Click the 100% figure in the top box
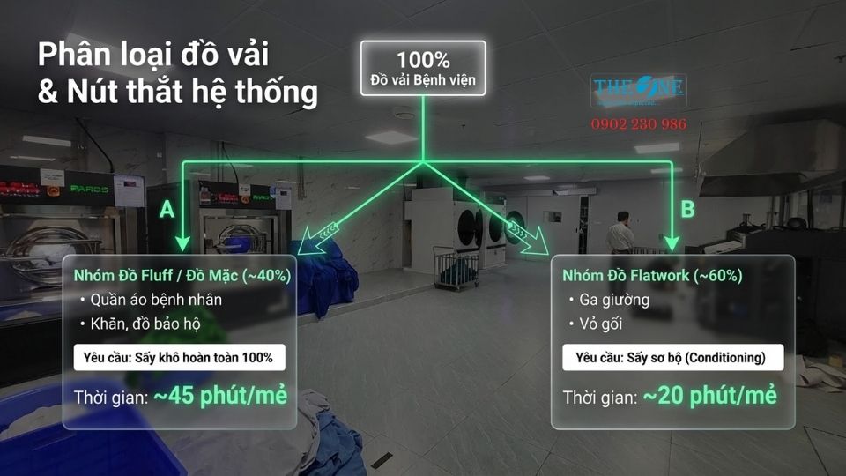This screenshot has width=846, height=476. tap(423, 60)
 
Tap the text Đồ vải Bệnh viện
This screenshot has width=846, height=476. tap(423, 81)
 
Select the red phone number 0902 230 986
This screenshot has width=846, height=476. tap(638, 124)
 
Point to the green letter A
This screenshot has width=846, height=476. tap(166, 210)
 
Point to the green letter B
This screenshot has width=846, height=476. tap(687, 210)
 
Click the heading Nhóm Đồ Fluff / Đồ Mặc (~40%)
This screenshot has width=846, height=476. tap(182, 276)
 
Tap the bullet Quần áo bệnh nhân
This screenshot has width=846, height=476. tap(155, 300)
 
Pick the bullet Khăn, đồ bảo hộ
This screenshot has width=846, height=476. tap(145, 324)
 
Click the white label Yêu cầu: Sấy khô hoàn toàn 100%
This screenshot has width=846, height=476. tap(179, 357)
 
